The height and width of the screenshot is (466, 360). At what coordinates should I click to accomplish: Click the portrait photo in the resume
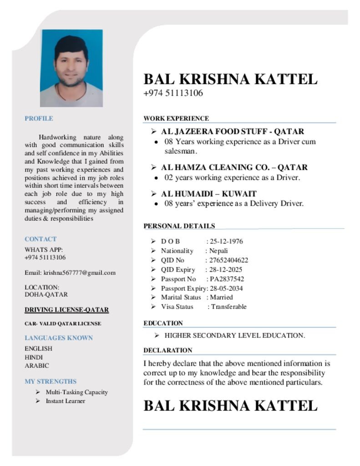tap(71, 68)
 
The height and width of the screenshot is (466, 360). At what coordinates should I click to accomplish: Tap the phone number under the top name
tap(173, 93)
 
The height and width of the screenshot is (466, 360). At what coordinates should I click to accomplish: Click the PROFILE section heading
tap(39, 118)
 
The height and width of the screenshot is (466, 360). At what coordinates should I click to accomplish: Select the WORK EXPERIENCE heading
tap(176, 118)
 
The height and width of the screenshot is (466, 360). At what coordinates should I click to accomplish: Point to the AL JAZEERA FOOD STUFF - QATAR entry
tap(232, 132)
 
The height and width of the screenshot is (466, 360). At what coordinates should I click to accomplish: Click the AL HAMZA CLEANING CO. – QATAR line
tap(234, 167)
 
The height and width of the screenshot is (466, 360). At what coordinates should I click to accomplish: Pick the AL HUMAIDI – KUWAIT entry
tap(208, 193)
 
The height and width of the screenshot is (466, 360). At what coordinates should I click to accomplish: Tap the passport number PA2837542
tap(227, 279)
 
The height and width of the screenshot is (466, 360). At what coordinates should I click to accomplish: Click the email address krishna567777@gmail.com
tap(79, 273)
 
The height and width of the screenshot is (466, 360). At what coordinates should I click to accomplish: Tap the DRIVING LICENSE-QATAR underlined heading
tap(66, 310)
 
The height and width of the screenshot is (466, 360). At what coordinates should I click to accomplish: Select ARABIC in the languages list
tap(37, 365)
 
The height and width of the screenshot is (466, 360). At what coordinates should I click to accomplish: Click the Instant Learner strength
tap(65, 401)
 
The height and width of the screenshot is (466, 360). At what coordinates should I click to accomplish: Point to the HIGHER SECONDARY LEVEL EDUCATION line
tap(234, 335)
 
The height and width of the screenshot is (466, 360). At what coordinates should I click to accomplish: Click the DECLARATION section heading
tap(167, 350)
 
